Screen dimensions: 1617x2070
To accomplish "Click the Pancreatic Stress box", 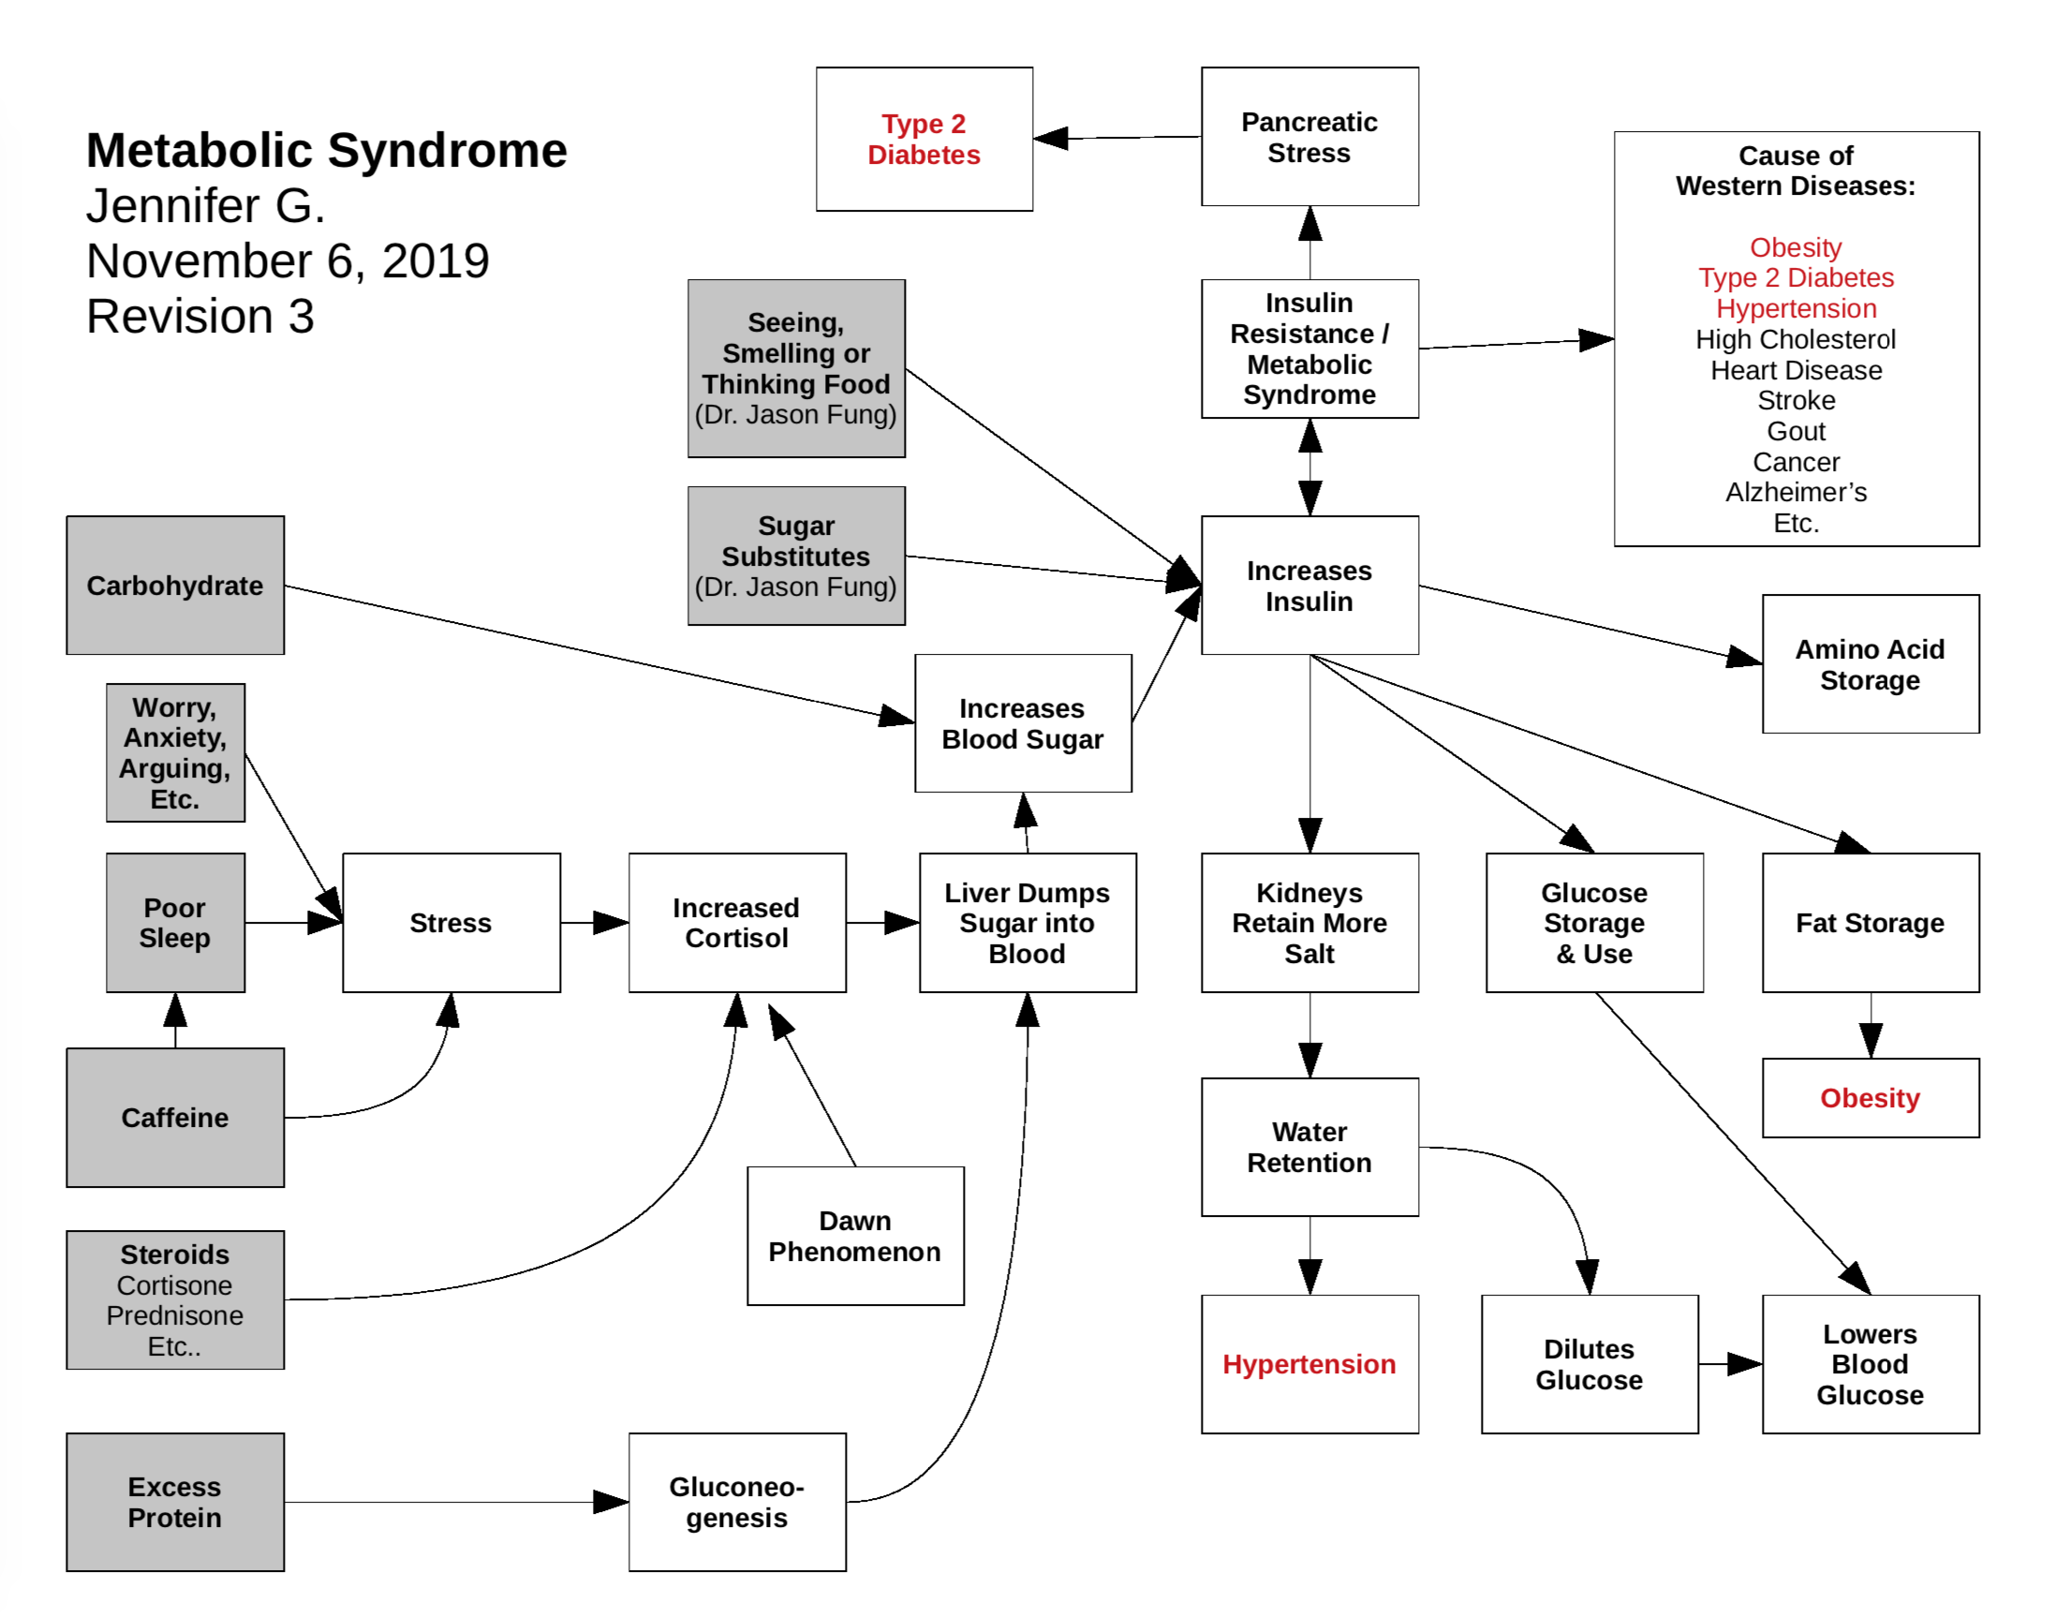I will click(1309, 137).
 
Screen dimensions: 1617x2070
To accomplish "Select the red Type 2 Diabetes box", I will click(924, 139).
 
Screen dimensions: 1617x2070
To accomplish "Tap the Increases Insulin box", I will click(1309, 585).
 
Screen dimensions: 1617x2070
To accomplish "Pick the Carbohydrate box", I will click(174, 585).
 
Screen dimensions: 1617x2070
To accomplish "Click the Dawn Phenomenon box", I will click(854, 1235).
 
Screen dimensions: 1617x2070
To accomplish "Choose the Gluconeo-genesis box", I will click(736, 1502).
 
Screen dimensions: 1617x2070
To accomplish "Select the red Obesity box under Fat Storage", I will click(1869, 1098).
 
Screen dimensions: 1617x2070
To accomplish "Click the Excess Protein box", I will click(174, 1502).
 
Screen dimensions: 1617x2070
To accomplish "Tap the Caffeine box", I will click(174, 1117).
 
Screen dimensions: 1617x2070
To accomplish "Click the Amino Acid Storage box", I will click(1869, 663).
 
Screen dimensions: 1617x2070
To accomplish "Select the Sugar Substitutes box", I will click(795, 556).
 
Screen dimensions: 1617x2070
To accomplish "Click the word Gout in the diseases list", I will click(1796, 431).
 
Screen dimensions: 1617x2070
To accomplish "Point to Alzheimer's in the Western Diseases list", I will click(1796, 492).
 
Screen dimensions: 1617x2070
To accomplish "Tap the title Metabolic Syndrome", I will click(326, 150).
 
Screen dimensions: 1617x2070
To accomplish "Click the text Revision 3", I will click(200, 316).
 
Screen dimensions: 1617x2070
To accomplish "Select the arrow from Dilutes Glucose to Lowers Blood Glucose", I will click(1730, 1364).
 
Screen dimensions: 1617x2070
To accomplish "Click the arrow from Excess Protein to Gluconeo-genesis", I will click(455, 1502).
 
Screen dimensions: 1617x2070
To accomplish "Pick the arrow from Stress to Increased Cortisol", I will click(594, 922).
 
